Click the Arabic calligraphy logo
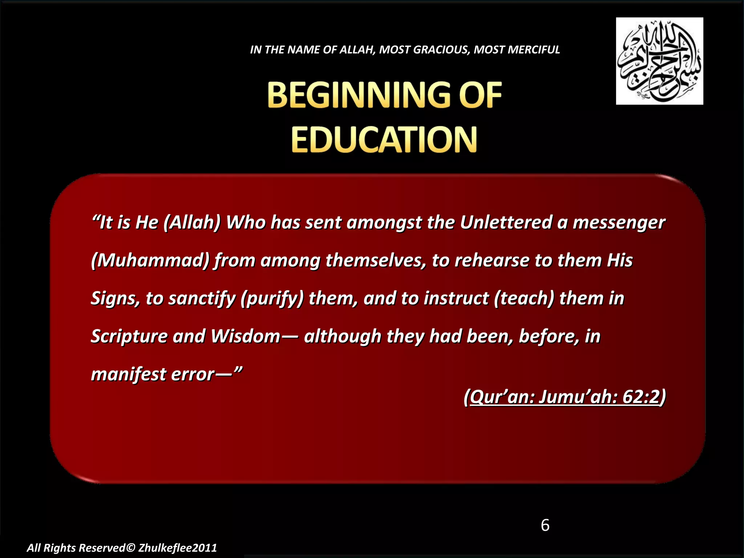pyautogui.click(x=659, y=61)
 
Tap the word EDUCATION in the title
pyautogui.click(x=384, y=140)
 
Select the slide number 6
pyautogui.click(x=545, y=525)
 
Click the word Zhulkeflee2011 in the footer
pyautogui.click(x=178, y=548)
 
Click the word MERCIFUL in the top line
pyautogui.click(x=534, y=49)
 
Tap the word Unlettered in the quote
pyautogui.click(x=506, y=222)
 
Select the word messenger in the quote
pyautogui.click(x=619, y=223)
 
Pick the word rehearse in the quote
pyautogui.click(x=492, y=260)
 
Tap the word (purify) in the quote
pyautogui.click(x=272, y=299)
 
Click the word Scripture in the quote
pyautogui.click(x=129, y=336)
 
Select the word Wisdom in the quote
pyautogui.click(x=246, y=336)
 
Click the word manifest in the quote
pyautogui.click(x=129, y=374)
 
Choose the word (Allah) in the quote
pyautogui.click(x=192, y=223)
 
